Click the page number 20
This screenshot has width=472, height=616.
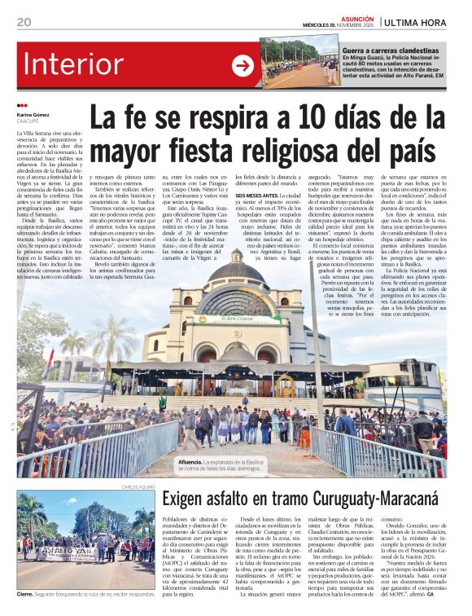(x=24, y=21)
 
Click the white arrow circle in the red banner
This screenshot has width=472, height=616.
(x=243, y=65)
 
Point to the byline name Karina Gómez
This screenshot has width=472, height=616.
(x=31, y=117)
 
